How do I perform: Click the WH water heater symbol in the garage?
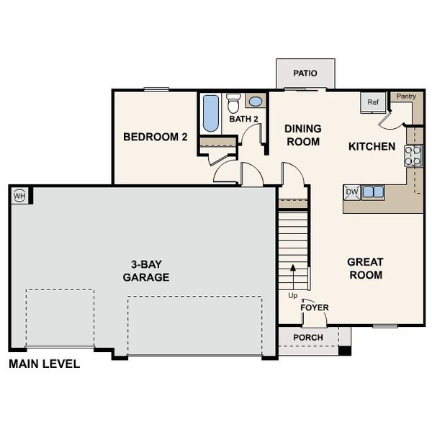(x=19, y=195)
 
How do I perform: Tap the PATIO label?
(x=305, y=73)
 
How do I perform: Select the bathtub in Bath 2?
(x=210, y=114)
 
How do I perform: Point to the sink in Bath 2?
(x=256, y=102)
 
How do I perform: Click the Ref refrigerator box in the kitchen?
(x=372, y=103)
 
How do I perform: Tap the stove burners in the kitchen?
(x=413, y=156)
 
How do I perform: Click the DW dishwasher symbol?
(x=352, y=192)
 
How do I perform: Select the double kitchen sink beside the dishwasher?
(x=373, y=192)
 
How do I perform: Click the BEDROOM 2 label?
(x=155, y=137)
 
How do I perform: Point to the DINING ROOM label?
(x=303, y=135)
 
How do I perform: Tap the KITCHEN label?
(x=372, y=146)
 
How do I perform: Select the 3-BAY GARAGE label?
(x=146, y=271)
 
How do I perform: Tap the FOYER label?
(x=315, y=307)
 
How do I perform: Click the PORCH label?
(x=308, y=338)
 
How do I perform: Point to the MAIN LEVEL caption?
(x=44, y=364)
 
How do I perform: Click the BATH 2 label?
(x=243, y=119)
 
